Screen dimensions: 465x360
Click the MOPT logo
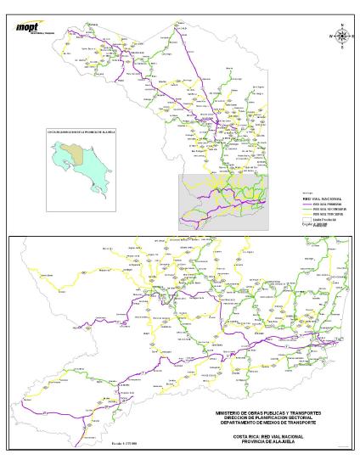[x=27, y=26]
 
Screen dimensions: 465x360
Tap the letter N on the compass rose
[x=342, y=25]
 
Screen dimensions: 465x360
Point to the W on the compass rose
[x=330, y=36]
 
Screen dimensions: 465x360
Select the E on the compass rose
[x=353, y=36]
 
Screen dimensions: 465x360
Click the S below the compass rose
[x=342, y=48]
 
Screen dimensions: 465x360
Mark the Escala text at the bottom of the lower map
[x=99, y=442]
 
